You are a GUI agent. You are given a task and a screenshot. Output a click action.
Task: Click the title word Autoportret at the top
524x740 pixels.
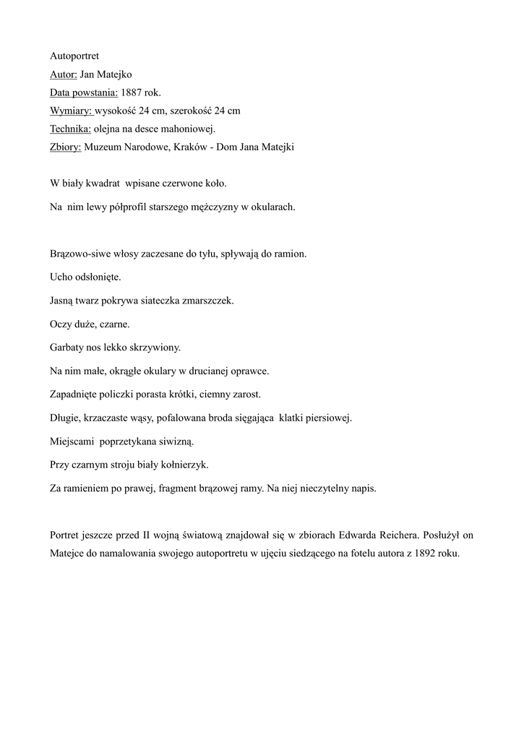tap(74, 55)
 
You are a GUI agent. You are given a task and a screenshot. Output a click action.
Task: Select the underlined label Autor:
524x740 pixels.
tap(63, 74)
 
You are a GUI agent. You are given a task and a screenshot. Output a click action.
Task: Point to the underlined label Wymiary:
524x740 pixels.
tap(71, 111)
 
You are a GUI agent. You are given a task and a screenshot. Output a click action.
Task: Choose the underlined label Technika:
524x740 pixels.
tap(70, 129)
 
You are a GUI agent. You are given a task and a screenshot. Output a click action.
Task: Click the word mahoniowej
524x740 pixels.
tap(190, 129)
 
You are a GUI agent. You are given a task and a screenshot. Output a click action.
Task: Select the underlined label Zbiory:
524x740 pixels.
tap(66, 148)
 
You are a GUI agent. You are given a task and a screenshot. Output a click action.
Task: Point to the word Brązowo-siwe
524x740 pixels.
tap(78, 254)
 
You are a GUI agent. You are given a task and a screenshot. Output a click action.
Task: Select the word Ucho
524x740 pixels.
tap(62, 277)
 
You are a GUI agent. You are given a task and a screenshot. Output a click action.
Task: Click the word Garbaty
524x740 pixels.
tap(67, 348)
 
